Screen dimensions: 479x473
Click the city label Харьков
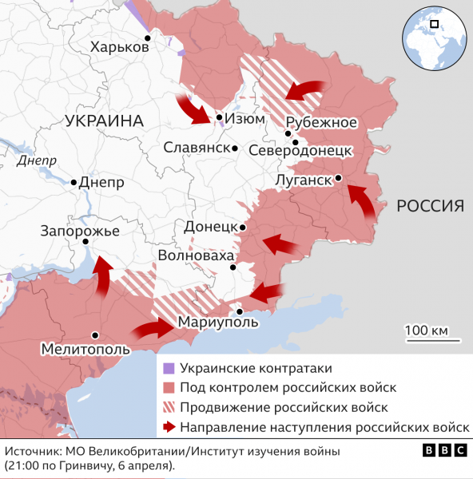(120, 48)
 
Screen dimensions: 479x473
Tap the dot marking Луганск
(339, 178)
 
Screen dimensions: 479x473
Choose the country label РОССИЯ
(431, 206)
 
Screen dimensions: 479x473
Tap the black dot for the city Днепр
(74, 183)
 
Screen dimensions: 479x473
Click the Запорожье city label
(80, 232)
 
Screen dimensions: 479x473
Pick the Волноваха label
(196, 256)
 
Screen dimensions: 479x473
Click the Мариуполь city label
(218, 322)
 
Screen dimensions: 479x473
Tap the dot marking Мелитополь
(95, 335)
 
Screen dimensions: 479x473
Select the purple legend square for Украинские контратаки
(168, 368)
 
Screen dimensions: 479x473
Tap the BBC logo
(444, 451)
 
